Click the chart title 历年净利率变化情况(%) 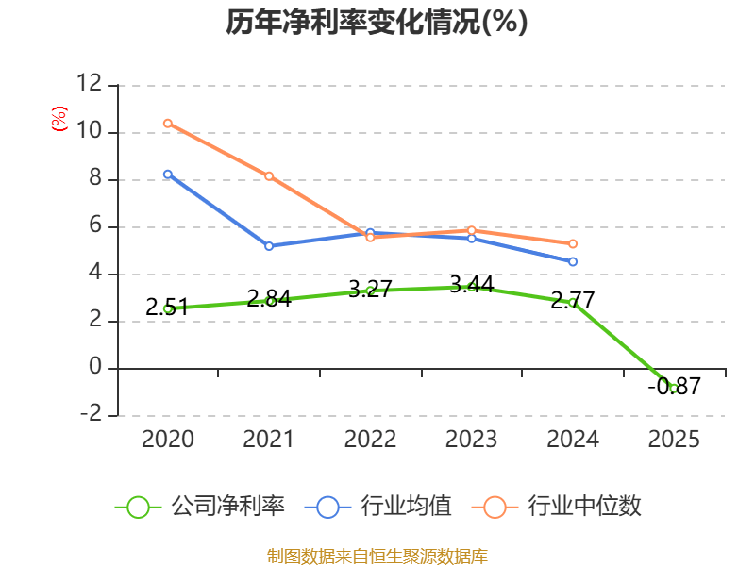377,23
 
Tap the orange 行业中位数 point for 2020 168,124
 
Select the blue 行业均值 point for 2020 168,175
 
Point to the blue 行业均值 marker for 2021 269,246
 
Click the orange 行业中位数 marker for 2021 269,176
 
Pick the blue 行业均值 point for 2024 573,261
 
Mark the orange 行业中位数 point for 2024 573,244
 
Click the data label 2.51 167,307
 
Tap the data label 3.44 472,284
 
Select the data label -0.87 674,386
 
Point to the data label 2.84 269,299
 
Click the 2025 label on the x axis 674,440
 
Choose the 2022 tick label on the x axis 370,440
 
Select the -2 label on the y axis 92,415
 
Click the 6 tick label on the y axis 95,226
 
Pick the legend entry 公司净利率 201,507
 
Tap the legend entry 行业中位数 563,507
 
